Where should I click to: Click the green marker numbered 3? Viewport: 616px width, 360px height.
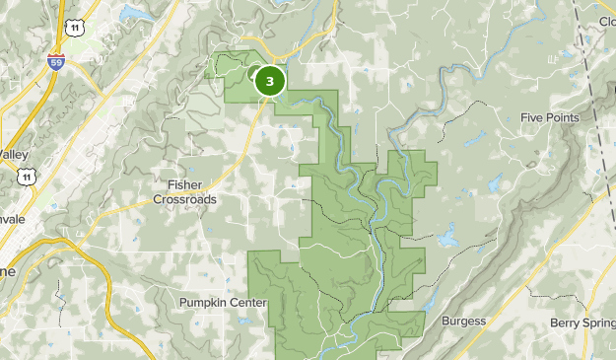(x=269, y=81)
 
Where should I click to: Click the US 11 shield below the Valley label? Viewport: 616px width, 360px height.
(x=25, y=177)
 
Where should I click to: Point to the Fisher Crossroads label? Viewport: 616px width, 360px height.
(x=184, y=191)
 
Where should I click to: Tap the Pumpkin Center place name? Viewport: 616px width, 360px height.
(x=223, y=302)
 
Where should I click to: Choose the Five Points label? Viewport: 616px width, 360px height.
(x=549, y=118)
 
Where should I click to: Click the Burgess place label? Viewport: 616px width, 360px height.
(x=463, y=322)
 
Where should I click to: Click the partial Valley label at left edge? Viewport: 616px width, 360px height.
(x=14, y=155)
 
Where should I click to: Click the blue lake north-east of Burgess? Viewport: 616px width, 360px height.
(x=447, y=237)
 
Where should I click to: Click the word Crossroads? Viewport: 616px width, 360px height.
(x=184, y=198)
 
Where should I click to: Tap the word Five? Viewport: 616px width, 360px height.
(x=533, y=118)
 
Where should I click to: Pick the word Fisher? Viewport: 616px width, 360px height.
(x=184, y=184)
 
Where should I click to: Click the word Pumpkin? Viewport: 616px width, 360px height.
(x=203, y=302)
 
